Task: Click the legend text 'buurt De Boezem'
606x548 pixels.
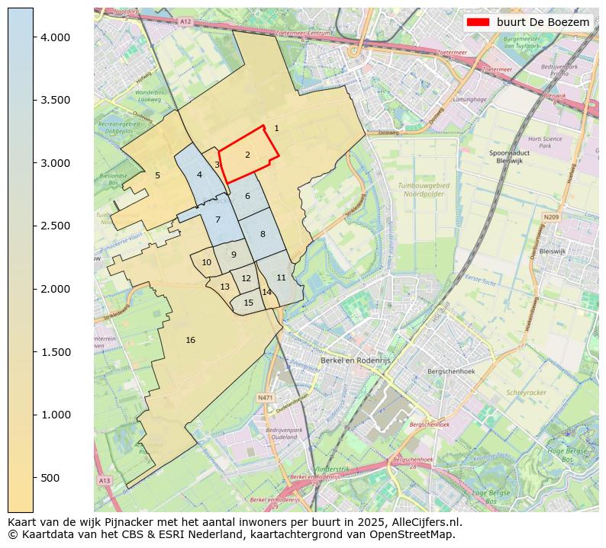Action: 543,22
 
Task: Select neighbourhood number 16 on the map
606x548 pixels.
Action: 190,340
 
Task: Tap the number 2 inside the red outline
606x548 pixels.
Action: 247,155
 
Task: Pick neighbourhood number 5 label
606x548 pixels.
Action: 157,175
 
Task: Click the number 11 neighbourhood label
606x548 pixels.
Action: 281,277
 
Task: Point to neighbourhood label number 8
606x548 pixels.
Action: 262,234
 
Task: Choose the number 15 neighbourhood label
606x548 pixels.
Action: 248,303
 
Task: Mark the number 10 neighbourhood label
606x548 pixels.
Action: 206,262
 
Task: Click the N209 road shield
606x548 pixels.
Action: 551,217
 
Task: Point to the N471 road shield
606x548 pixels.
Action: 265,397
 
